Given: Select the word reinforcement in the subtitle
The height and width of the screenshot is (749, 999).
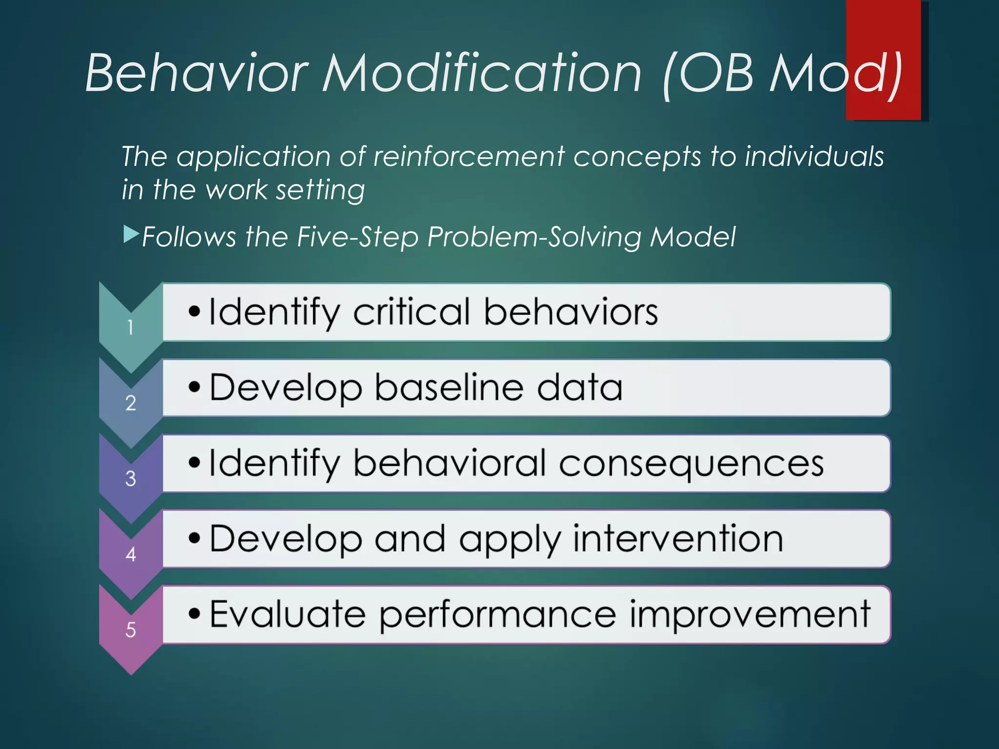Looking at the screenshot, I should coord(468,157).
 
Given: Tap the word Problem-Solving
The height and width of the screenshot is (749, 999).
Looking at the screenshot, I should coord(534,238).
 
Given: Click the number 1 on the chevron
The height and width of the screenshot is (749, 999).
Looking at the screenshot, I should coord(130,327).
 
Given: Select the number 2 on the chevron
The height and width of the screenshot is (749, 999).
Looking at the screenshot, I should coord(130,403).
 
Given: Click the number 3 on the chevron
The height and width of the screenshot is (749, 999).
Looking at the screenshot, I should coord(130,478).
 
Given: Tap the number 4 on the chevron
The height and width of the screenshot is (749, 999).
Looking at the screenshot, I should coord(130,554).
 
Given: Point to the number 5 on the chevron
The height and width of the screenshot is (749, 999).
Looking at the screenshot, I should coord(130,630).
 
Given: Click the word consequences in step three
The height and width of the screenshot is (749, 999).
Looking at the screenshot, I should coord(691,464).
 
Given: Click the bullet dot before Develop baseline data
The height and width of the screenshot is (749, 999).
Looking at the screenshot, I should coord(194,387).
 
